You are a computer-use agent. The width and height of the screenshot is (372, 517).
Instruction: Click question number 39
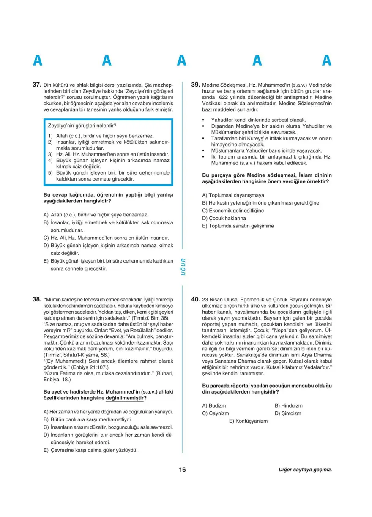click(195, 85)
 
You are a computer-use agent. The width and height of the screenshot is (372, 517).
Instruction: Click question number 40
click(195, 299)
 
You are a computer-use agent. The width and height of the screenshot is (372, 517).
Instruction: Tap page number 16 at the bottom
click(182, 470)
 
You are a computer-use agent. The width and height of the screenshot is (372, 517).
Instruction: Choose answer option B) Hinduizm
click(289, 405)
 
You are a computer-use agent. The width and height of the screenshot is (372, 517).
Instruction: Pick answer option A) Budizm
click(214, 405)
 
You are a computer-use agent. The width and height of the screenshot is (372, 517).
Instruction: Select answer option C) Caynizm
click(216, 413)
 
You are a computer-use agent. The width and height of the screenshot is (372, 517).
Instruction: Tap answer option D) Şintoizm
click(288, 413)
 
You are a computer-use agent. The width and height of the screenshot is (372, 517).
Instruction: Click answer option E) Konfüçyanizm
click(249, 421)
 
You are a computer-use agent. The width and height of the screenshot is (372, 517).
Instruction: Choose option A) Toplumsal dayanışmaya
click(233, 195)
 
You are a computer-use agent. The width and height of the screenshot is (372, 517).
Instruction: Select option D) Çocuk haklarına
click(224, 218)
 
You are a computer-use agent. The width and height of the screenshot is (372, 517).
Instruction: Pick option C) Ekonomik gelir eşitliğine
click(233, 211)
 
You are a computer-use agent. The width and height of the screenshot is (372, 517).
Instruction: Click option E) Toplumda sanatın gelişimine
click(238, 226)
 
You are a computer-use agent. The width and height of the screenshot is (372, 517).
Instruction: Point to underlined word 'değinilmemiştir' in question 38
click(126, 398)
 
